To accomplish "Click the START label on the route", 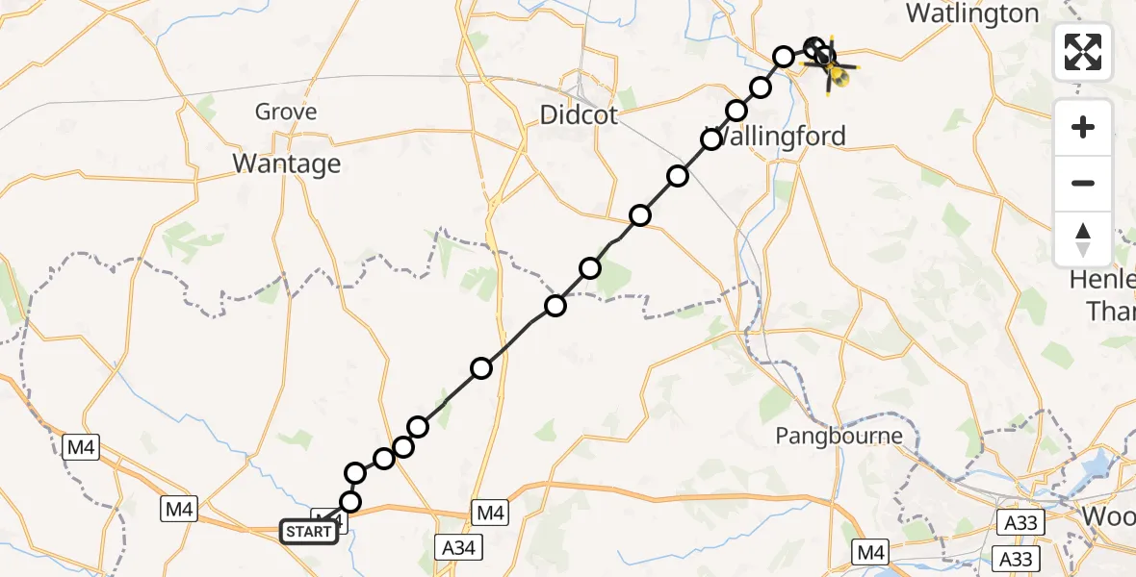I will coord(309,531).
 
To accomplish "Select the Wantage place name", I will coord(287,163).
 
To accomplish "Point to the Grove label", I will coord(286,112).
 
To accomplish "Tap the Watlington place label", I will coord(972,13).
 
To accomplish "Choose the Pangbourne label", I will coord(839,436).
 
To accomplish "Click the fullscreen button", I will coord(1083,52).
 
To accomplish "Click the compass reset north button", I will coord(1083,239).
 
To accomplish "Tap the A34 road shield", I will coord(459,547).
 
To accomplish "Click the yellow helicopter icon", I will coord(837,69).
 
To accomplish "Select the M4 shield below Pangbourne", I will coord(871,551).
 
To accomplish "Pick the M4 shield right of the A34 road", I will coord(489,513).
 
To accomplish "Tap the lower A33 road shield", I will coord(1013,559).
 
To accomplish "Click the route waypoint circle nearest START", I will coord(349,502).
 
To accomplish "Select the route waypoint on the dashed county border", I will coord(555,306).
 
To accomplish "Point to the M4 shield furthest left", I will coord(78,446).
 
